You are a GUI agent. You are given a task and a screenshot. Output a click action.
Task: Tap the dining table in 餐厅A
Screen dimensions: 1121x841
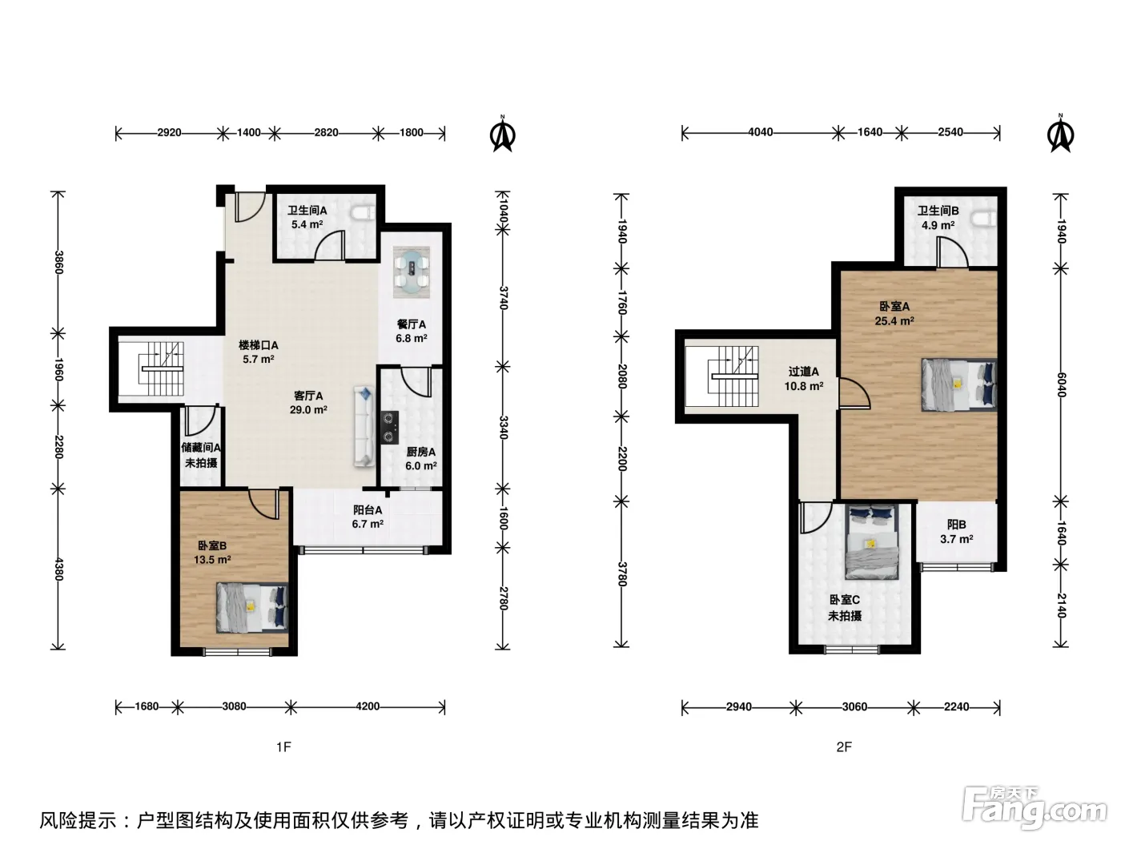[411, 272]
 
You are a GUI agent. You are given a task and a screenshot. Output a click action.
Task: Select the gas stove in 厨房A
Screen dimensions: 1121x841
[390, 428]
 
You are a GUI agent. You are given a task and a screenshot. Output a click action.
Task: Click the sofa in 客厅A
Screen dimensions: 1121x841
[364, 427]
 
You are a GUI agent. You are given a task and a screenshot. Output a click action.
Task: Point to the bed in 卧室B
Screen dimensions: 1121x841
[252, 607]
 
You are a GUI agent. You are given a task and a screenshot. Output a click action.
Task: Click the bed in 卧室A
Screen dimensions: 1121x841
[959, 384]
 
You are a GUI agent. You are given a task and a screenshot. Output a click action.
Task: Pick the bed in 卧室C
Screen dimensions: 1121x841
[872, 541]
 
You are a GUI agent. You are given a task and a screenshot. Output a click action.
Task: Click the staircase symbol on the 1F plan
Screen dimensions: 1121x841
[161, 368]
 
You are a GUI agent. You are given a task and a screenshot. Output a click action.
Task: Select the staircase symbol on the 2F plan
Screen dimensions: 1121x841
[733, 376]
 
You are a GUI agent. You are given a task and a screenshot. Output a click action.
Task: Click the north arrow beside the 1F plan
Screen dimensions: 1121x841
[503, 134]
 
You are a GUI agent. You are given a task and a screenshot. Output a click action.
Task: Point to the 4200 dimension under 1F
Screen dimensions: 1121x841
[368, 706]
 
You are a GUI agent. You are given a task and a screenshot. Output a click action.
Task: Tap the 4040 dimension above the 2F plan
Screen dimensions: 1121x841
[761, 132]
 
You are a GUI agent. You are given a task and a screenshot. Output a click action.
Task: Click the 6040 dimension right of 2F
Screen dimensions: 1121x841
[1061, 385]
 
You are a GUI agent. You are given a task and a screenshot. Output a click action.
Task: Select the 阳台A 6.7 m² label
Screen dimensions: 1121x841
[368, 517]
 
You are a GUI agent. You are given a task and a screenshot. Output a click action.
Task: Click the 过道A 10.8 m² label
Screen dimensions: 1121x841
[804, 379]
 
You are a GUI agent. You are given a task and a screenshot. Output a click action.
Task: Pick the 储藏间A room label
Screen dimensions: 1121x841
[201, 448]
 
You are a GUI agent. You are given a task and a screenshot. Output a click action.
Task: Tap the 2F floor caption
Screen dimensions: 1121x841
[844, 747]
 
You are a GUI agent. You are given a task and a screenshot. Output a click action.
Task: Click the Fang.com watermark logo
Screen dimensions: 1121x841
[1034, 807]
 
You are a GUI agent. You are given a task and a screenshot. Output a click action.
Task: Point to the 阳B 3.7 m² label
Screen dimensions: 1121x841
[957, 532]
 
